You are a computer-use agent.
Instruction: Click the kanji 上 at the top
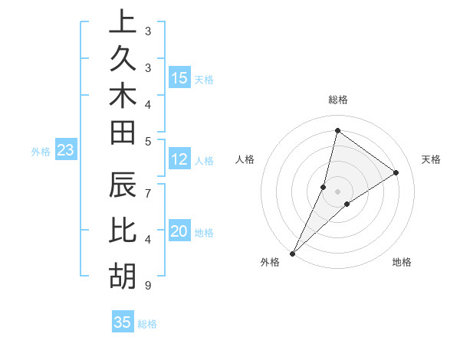[x=123, y=22]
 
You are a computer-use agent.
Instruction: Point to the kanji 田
[x=123, y=133]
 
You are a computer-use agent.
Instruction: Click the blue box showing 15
[x=179, y=78]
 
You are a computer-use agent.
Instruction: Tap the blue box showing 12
[x=179, y=160]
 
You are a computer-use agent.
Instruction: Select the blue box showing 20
[x=179, y=232]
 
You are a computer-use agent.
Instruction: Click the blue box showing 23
[x=65, y=151]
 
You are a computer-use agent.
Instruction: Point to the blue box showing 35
[x=123, y=322]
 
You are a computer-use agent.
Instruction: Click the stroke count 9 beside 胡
[x=147, y=286]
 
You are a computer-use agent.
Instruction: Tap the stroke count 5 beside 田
[x=147, y=141]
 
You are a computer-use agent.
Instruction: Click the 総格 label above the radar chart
[x=337, y=100]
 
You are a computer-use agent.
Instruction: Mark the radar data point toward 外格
[x=292, y=254]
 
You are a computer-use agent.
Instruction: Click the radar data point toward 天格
[x=396, y=173]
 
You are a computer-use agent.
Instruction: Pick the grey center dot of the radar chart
[x=337, y=191]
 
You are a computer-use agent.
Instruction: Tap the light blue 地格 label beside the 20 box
[x=204, y=233]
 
